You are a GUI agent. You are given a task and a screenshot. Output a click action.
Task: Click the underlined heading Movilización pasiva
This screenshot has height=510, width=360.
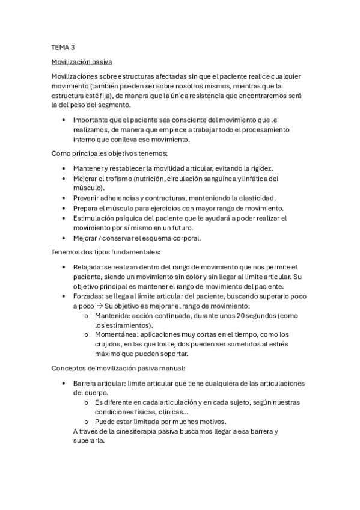[81, 61]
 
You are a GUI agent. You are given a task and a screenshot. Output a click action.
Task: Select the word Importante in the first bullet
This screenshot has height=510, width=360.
[92, 120]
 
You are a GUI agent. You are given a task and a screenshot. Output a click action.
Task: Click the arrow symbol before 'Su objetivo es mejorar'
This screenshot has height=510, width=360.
[99, 306]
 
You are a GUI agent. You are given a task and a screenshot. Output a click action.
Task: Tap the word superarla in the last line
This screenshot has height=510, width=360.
[89, 441]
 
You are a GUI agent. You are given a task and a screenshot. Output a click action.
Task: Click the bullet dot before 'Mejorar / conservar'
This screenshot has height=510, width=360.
[64, 238]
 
